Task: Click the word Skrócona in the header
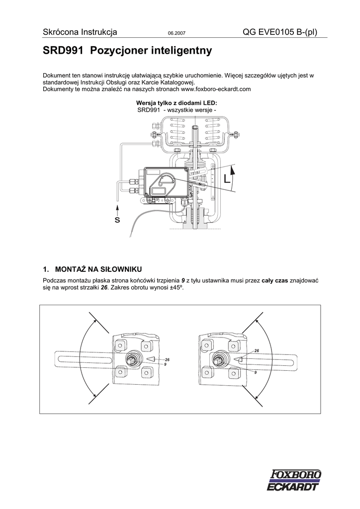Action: pyautogui.click(x=60, y=33)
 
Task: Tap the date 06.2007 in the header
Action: pyautogui.click(x=176, y=34)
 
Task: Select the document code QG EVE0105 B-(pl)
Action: pyautogui.click(x=279, y=33)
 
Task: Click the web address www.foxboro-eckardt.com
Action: pyautogui.click(x=216, y=89)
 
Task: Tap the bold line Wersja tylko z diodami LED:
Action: pyautogui.click(x=177, y=103)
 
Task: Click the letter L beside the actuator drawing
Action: pyautogui.click(x=227, y=179)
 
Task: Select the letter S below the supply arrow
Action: pyautogui.click(x=117, y=220)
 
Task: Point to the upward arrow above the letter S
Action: pyautogui.click(x=117, y=208)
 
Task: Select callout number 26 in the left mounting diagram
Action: pyautogui.click(x=167, y=359)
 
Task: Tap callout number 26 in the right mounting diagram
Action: pyautogui.click(x=257, y=351)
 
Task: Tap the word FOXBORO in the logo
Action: pyautogui.click(x=297, y=475)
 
